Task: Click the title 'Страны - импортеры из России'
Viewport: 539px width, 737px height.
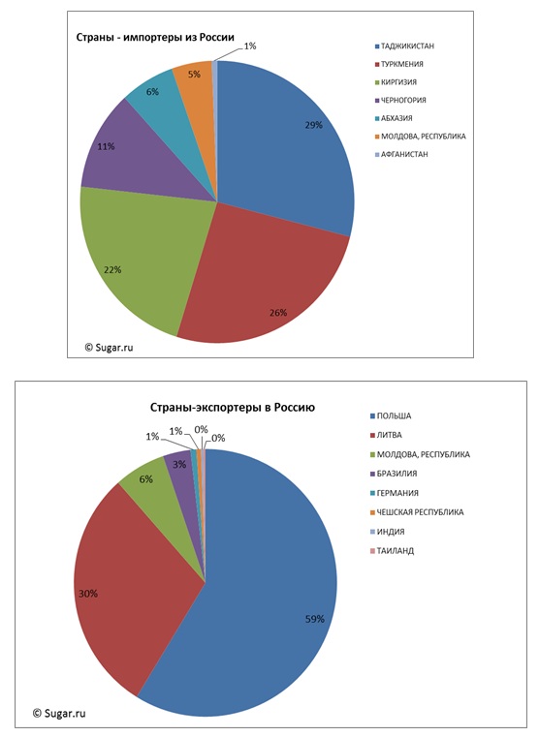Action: tap(155, 37)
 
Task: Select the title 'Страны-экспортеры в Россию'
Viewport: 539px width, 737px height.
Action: tap(233, 407)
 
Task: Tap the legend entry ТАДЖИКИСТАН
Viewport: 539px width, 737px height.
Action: tap(404, 46)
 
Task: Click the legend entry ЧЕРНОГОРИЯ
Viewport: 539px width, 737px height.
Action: tap(400, 100)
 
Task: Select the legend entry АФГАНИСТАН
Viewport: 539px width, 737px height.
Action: tap(401, 154)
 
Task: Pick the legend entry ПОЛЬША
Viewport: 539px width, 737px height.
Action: tap(391, 416)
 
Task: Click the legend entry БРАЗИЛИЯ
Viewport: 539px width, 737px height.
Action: tap(394, 474)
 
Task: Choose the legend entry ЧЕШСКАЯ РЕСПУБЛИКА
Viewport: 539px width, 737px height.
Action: tap(417, 512)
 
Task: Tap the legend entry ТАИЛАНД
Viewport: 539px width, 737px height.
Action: tap(392, 551)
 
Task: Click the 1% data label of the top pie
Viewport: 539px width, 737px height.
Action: tap(250, 46)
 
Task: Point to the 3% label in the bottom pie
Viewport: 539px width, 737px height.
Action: tap(179, 465)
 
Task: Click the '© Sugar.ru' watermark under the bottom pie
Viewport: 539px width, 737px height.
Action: tap(59, 713)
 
